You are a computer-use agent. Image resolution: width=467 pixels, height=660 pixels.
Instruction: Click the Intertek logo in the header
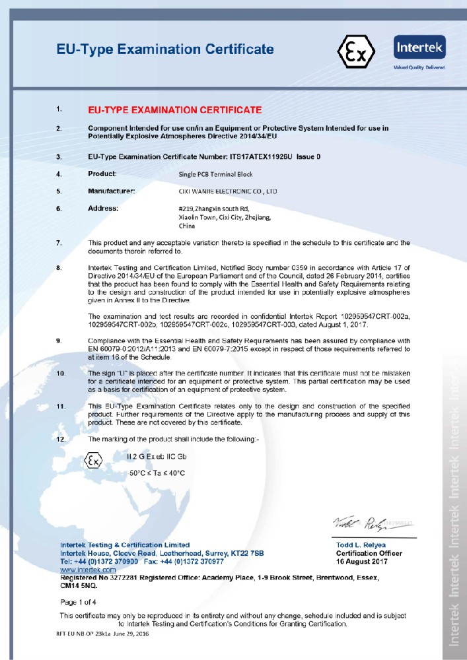pyautogui.click(x=419, y=50)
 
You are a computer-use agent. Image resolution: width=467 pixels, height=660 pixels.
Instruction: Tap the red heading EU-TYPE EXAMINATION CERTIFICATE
pyautogui.click(x=175, y=110)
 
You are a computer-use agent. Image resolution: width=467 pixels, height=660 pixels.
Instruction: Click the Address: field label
pyautogui.click(x=103, y=209)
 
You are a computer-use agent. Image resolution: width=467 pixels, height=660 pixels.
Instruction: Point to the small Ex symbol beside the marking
pyautogui.click(x=94, y=461)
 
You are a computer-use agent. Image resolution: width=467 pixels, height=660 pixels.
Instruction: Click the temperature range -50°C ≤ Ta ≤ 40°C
pyautogui.click(x=157, y=473)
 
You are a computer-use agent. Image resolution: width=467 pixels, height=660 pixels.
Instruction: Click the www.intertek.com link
pyautogui.click(x=88, y=569)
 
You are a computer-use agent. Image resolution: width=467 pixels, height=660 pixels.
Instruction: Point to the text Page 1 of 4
pyautogui.click(x=78, y=602)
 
